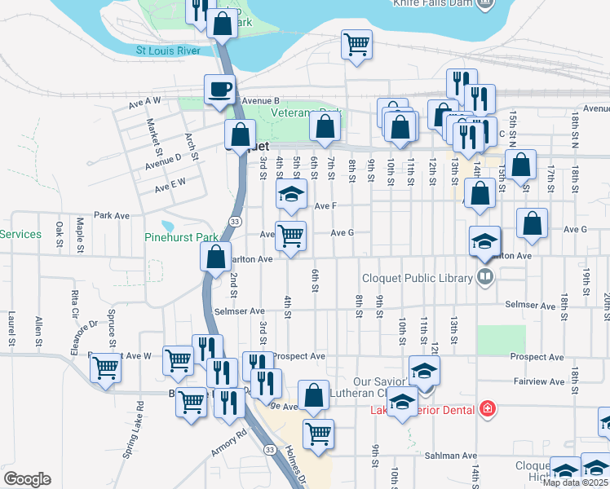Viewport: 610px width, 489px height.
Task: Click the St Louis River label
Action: (168, 51)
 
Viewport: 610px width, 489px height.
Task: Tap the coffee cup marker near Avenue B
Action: (219, 90)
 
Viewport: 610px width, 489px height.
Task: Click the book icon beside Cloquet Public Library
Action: (485, 278)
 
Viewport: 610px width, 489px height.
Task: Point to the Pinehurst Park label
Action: (182, 238)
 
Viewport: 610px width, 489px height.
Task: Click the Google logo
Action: (27, 478)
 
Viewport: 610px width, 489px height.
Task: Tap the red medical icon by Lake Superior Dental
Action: (488, 408)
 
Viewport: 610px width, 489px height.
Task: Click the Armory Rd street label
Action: (228, 445)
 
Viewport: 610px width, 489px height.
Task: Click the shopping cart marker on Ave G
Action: (290, 236)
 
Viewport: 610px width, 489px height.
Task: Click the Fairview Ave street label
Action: (534, 381)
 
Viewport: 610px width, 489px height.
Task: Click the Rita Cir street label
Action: (74, 302)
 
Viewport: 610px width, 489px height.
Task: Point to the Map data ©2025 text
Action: (575, 482)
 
